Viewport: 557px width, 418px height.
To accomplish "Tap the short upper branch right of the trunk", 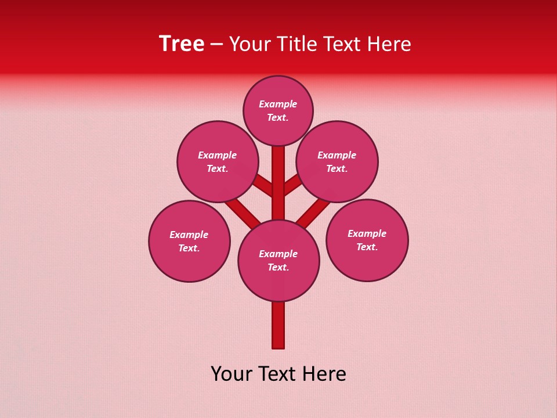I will pos(292,185).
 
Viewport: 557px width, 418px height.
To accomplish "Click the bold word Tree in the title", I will pos(182,44).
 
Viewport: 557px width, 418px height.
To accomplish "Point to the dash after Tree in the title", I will pos(216,44).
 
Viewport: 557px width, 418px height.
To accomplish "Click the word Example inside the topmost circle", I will pos(278,105).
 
